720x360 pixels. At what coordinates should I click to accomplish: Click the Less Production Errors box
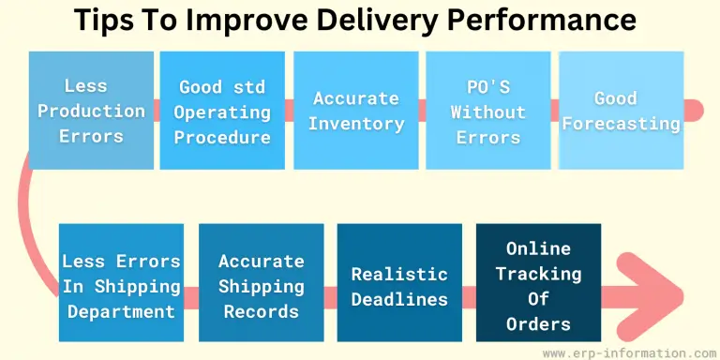coord(91,111)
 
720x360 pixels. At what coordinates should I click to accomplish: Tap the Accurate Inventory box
coord(357,111)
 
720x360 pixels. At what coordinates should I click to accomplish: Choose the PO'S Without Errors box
coord(487,111)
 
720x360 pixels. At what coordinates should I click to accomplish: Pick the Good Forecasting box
coord(622,111)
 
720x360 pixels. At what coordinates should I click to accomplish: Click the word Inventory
coord(357,124)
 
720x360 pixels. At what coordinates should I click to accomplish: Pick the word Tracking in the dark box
coord(537,274)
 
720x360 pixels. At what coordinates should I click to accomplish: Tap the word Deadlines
coord(399,299)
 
